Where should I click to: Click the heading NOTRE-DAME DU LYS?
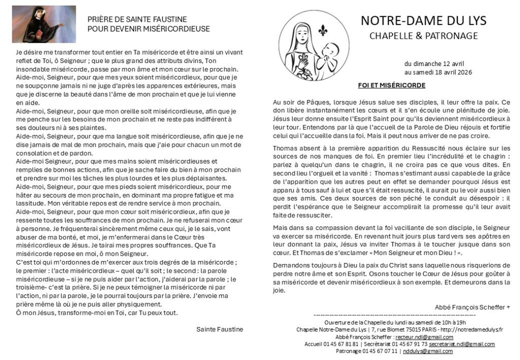(x=424, y=20)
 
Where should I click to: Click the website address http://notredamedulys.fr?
(x=472, y=330)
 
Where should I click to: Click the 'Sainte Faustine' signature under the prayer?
(x=219, y=329)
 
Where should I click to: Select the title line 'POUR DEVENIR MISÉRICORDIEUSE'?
(x=149, y=29)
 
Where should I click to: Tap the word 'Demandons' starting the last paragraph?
(x=290, y=266)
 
